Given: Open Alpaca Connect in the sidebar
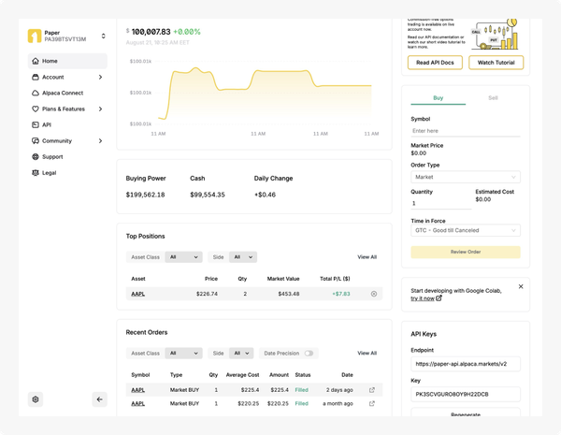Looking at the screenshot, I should pos(63,93).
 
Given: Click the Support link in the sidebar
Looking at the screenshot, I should pos(52,156).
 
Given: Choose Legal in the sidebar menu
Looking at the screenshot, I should pos(49,172).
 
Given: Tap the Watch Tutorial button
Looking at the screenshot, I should pos(496,63).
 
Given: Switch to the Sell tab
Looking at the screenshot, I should pos(493,97).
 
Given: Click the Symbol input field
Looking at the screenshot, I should pos(465,131).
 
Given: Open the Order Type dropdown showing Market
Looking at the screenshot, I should pos(465,176).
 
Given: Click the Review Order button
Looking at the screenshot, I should pos(465,252).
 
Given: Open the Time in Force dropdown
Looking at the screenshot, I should pos(465,230).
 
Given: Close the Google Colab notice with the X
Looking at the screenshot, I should pos(521,286).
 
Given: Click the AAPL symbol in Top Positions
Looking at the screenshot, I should pos(137,294).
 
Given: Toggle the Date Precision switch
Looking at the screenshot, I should pos(309,354).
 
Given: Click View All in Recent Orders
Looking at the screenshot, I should pos(367,354).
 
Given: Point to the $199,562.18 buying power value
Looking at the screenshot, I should pos(145,195).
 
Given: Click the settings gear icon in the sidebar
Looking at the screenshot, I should pos(36,399).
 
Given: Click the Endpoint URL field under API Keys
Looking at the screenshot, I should pos(465,364).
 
